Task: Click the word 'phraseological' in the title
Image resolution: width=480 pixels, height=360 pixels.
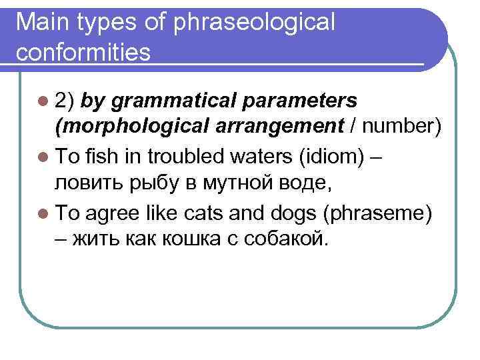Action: pyautogui.click(x=254, y=23)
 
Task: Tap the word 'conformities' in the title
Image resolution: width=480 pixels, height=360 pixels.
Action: pyautogui.click(x=85, y=51)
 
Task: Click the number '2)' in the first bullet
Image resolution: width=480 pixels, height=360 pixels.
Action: pyautogui.click(x=66, y=101)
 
